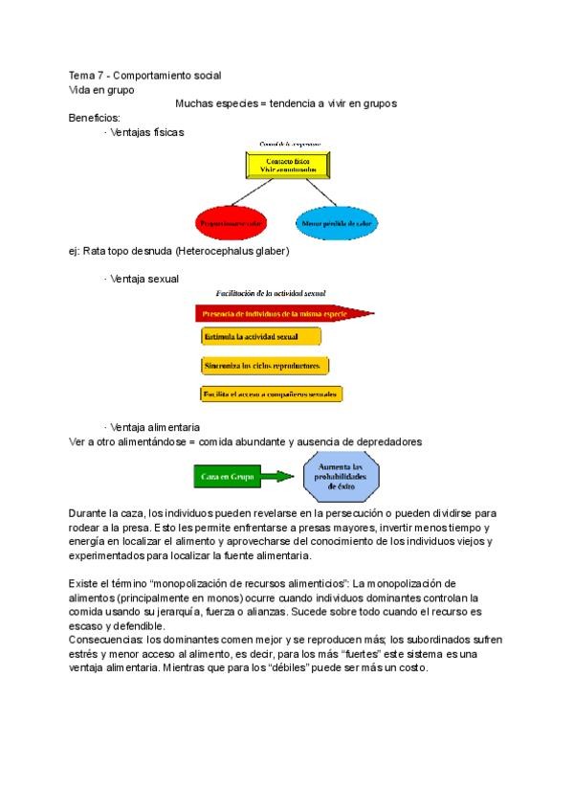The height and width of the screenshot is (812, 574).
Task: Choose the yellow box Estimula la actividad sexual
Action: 260,337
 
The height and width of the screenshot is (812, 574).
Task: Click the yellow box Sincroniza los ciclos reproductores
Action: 265,365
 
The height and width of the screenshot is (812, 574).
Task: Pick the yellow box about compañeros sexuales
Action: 272,394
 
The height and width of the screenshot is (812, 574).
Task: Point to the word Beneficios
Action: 94,118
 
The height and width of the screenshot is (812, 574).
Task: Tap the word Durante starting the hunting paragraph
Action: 89,513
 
